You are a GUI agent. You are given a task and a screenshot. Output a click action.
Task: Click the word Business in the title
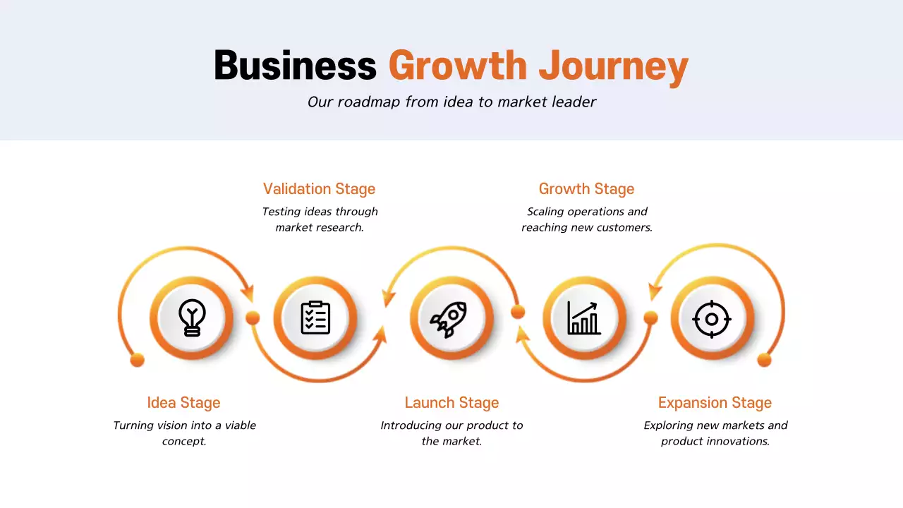pyautogui.click(x=295, y=66)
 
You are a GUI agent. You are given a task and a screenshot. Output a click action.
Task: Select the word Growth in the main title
pyautogui.click(x=458, y=66)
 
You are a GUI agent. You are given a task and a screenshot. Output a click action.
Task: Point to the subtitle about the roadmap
pyautogui.click(x=451, y=102)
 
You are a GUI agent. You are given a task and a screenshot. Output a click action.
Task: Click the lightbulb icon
pyautogui.click(x=191, y=317)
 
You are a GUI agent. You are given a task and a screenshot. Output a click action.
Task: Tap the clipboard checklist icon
pyautogui.click(x=315, y=317)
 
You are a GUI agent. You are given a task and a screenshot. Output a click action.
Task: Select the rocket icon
pyautogui.click(x=449, y=319)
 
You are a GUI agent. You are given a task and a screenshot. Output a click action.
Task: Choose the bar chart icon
pyautogui.click(x=583, y=318)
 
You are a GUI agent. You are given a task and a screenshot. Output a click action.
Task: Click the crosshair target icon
pyautogui.click(x=712, y=319)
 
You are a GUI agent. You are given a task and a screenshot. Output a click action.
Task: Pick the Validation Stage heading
pyautogui.click(x=319, y=189)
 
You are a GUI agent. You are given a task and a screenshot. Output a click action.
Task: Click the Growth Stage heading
pyautogui.click(x=586, y=189)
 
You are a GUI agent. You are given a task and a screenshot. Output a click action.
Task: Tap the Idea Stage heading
pyautogui.click(x=183, y=403)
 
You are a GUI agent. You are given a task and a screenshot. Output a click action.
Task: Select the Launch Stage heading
pyautogui.click(x=451, y=403)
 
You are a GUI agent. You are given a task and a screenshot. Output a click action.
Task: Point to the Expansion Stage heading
pyautogui.click(x=715, y=403)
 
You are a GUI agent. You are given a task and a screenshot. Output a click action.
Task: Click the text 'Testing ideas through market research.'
pyautogui.click(x=320, y=219)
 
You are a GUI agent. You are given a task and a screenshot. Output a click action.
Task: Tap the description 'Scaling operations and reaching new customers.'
pyautogui.click(x=587, y=219)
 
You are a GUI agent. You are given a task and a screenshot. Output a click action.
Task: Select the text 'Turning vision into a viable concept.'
pyautogui.click(x=184, y=433)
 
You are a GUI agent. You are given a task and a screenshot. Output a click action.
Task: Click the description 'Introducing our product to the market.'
pyautogui.click(x=451, y=433)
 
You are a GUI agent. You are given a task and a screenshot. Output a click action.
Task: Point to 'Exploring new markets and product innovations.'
pyautogui.click(x=715, y=433)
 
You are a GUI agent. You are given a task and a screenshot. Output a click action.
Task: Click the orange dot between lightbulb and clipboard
pyautogui.click(x=253, y=318)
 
